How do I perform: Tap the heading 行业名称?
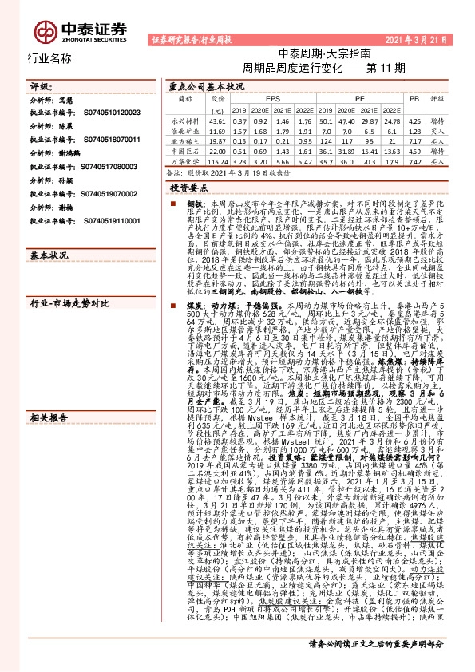[49, 59]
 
